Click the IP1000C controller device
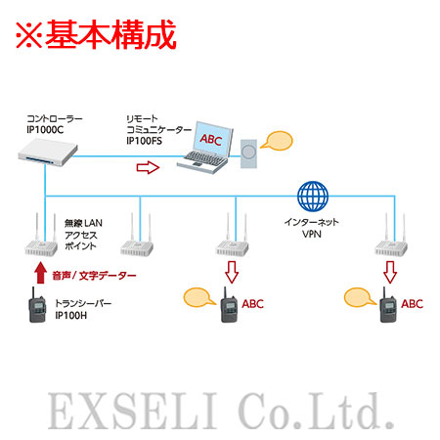coord(48,153)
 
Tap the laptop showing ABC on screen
coord(205,148)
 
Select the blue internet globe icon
coord(313,197)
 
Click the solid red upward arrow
coord(40,273)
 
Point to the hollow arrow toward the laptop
coord(148,167)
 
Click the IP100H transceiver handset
coord(37,305)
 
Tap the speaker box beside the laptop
coord(248,154)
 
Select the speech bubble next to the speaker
coord(277,141)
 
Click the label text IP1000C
coord(45,130)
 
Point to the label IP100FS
coord(144,141)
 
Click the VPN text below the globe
coord(312,234)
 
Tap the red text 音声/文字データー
coord(94,276)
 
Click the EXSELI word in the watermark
coord(132,411)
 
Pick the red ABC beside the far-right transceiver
coord(412,304)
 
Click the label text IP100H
coord(70,316)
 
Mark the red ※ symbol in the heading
coord(29,35)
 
